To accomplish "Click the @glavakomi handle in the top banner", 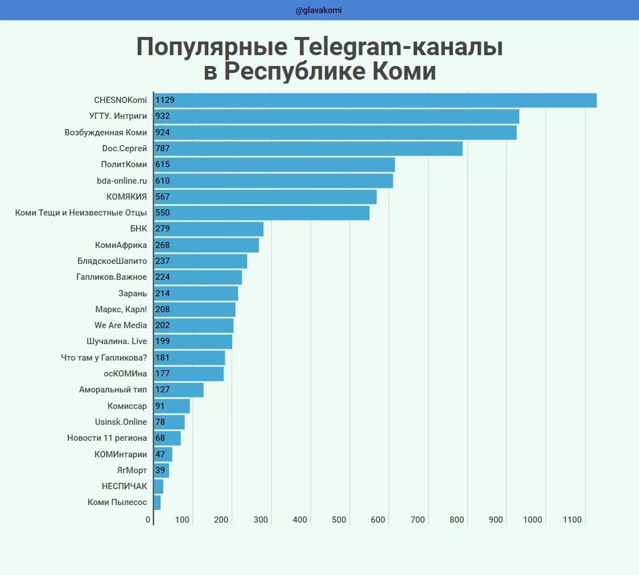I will pos(319,10).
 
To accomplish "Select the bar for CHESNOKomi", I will pos(376,100).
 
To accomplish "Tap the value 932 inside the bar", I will pos(163,116).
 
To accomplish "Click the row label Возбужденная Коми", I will pos(106,133).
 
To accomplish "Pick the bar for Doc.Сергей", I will pos(308,148).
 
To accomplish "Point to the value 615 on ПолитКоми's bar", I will pos(163,164).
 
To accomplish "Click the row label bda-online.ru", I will pos(122,181).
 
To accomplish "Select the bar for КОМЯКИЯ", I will pos(265,197).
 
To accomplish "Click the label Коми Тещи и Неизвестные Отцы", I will pos(81,213).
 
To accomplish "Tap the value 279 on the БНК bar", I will pos(163,229).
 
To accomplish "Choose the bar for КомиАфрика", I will pos(207,245).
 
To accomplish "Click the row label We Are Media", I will pos(121,325).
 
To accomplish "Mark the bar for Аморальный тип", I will pos(179,390).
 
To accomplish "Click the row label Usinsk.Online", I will pos(121,422).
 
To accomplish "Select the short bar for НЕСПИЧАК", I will pos(159,486).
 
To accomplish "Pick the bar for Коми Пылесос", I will pos(158,502).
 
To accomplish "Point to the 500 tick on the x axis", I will pos(339,519).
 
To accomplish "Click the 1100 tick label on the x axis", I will pos(572,519).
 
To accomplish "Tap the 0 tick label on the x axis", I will pos(148,519).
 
